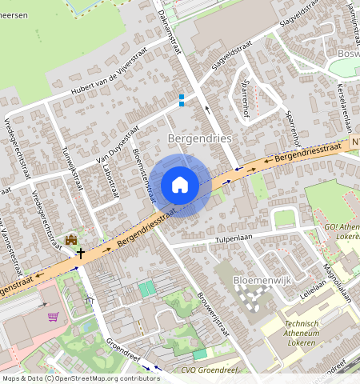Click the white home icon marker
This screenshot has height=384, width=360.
click(180, 185)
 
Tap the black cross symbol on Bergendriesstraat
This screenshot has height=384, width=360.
click(80, 252)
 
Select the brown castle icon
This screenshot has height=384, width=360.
click(71, 239)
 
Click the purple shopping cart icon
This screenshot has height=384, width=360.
click(53, 317)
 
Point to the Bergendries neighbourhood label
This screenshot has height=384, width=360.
click(200, 138)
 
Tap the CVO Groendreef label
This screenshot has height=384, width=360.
click(210, 369)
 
